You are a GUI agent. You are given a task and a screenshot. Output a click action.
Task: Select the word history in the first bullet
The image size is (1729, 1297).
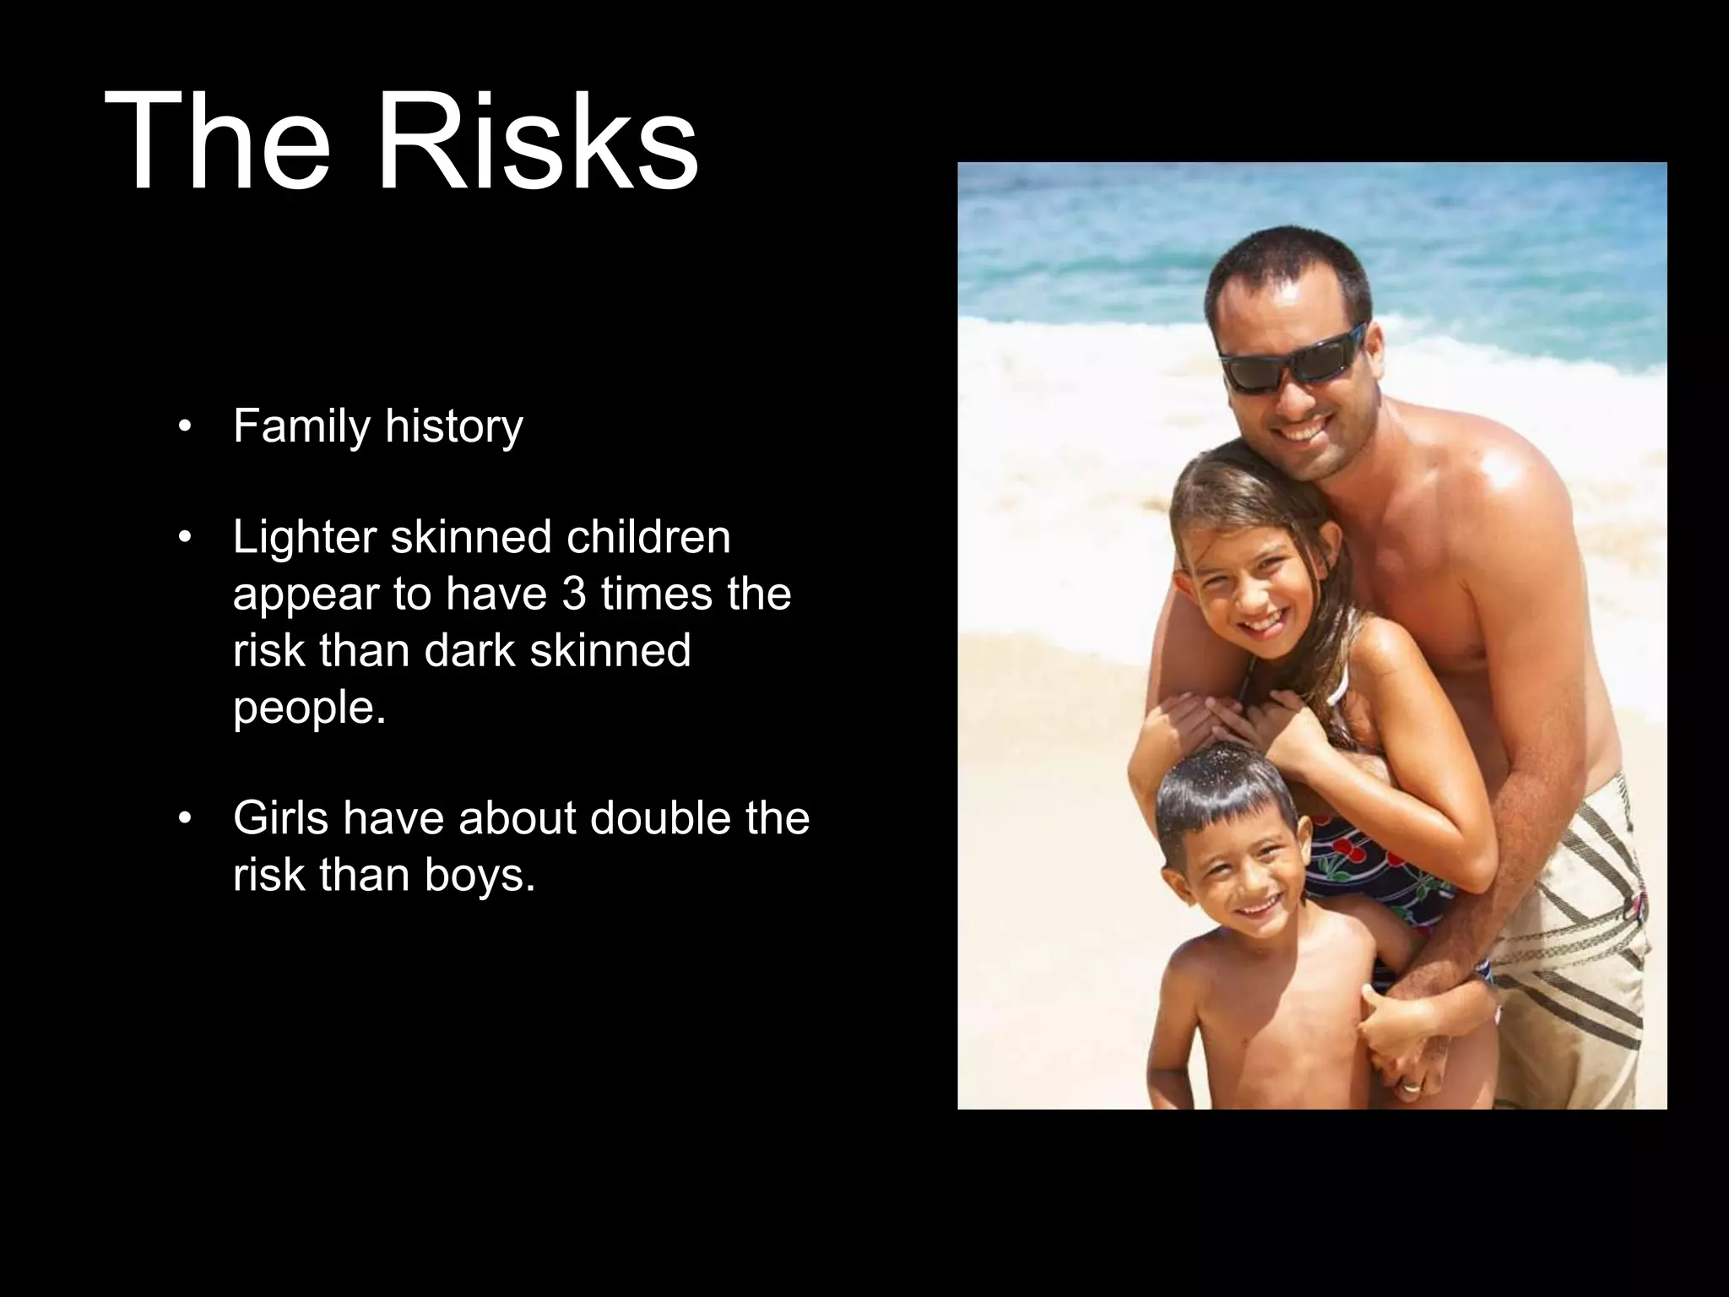point(454,426)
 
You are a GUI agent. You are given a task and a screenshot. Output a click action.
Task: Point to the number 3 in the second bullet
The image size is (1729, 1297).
point(573,594)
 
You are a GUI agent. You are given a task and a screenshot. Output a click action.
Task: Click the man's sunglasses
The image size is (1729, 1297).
point(1293,359)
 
